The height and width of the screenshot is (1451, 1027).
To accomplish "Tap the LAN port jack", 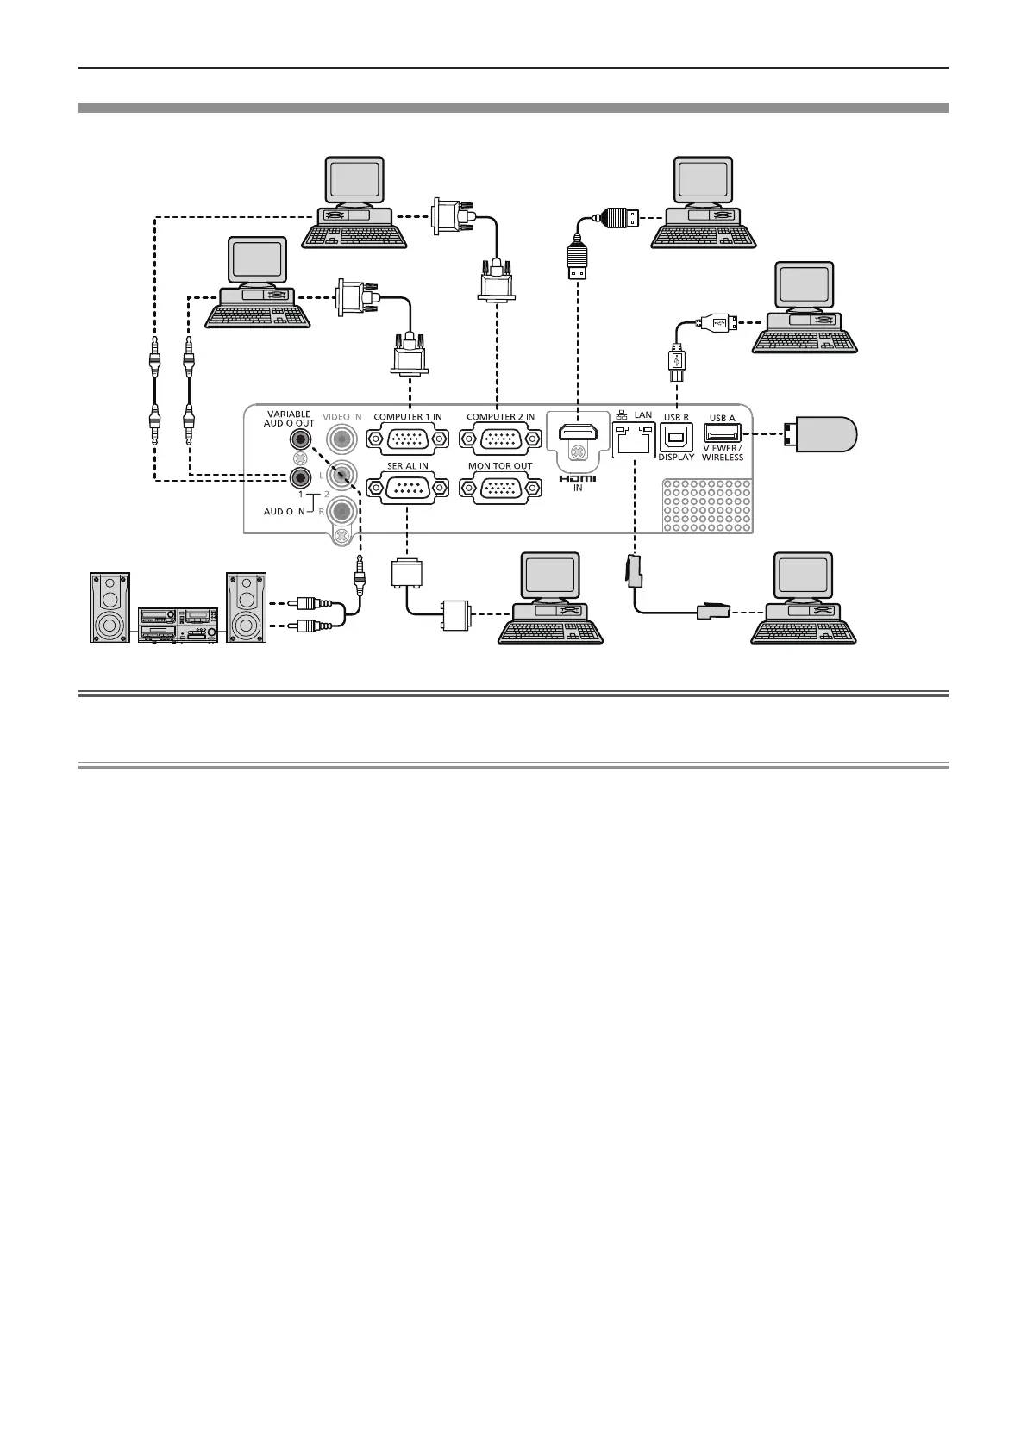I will (634, 439).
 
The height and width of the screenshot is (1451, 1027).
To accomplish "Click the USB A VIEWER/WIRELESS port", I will (722, 435).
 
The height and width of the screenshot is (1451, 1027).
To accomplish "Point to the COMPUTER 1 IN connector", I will (408, 439).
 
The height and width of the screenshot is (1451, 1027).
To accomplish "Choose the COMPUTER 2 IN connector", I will (500, 439).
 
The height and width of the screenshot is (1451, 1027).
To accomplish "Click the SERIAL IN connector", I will (408, 488).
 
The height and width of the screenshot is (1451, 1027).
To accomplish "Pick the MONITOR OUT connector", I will (500, 488).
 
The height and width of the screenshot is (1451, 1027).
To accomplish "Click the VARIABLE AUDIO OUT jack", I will (300, 439).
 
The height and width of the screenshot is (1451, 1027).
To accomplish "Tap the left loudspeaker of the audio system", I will (110, 607).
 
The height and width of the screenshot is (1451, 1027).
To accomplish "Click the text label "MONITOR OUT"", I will (500, 466).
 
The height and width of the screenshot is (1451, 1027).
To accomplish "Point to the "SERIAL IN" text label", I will (408, 466).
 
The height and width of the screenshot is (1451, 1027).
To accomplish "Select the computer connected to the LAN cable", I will (804, 599).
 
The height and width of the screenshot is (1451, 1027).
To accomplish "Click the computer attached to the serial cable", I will (550, 599).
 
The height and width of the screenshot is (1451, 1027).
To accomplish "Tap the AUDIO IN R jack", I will (342, 511).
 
